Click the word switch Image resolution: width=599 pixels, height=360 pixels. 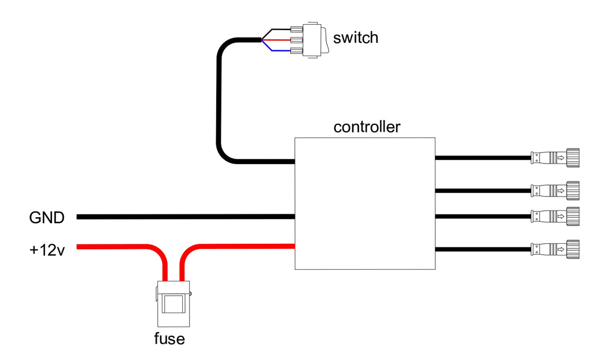(356, 38)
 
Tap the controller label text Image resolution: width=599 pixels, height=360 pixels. (367, 127)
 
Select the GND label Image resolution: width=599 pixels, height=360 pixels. (46, 218)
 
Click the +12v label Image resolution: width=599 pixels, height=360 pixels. (47, 250)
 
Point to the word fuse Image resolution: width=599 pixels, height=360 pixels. (169, 338)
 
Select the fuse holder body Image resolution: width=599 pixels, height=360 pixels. (172, 304)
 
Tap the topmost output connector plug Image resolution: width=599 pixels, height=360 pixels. (555, 157)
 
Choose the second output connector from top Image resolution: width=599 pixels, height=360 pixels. (555, 189)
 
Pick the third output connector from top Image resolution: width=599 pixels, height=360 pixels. (555, 217)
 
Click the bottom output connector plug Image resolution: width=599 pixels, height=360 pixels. (555, 249)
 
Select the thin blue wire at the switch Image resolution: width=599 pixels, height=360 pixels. (276, 50)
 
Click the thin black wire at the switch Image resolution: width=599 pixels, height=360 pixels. (276, 30)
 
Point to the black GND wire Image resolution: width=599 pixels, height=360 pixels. (185, 217)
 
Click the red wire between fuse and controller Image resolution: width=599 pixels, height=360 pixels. (243, 247)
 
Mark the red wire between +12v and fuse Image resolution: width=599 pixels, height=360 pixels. (116, 247)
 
